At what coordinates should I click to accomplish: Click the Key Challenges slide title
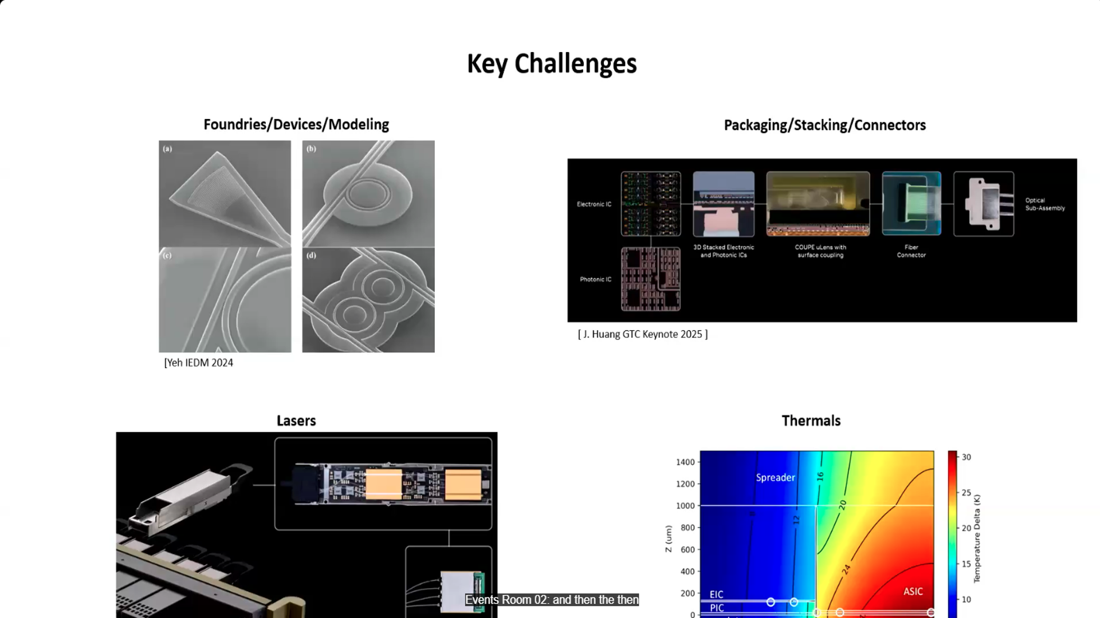point(551,64)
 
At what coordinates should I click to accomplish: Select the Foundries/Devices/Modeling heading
point(296,124)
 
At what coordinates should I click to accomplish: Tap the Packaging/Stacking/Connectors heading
point(824,125)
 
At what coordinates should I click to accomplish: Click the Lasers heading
point(296,421)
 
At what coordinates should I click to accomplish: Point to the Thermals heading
point(811,421)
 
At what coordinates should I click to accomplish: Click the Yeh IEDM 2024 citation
point(199,363)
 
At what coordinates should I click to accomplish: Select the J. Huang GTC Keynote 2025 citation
point(643,334)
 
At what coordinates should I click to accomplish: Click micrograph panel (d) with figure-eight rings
point(368,300)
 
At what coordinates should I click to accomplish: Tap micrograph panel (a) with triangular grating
point(225,193)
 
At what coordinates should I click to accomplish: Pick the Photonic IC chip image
point(651,279)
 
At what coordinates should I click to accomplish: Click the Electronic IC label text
point(594,204)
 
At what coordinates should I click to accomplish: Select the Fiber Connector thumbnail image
point(911,204)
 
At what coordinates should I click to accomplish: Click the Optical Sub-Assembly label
point(1044,204)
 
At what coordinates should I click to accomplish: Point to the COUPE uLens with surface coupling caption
point(820,251)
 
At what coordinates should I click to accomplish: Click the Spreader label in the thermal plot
point(775,477)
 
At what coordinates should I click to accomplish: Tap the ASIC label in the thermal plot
point(913,591)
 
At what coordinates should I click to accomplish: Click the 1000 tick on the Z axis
point(685,506)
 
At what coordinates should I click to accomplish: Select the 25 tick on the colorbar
point(966,493)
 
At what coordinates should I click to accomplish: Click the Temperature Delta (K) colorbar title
point(977,538)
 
